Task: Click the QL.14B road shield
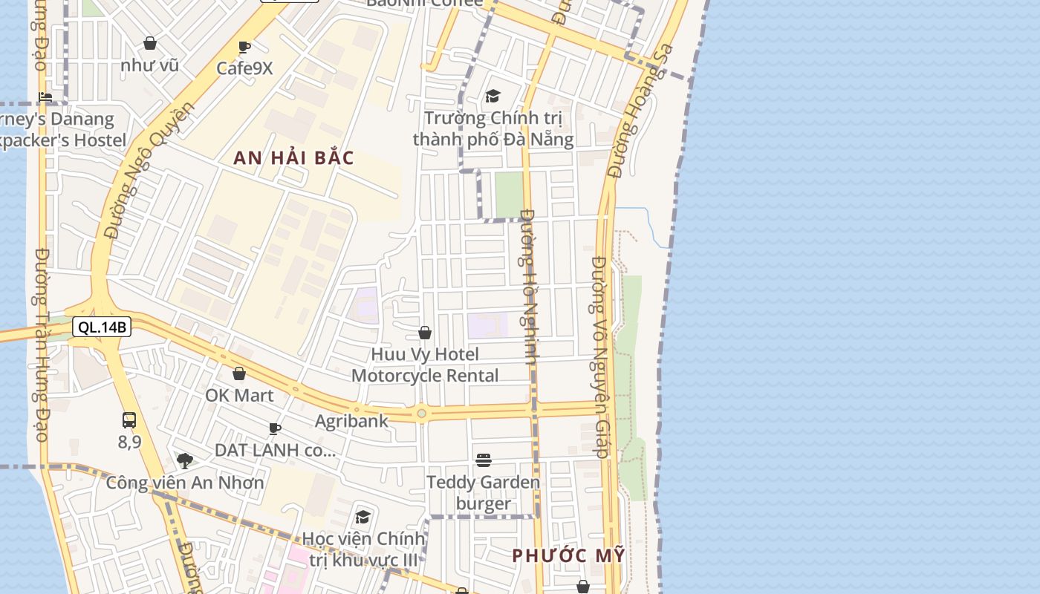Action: (102, 327)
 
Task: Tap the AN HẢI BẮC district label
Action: (294, 157)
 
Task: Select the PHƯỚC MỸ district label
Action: (568, 555)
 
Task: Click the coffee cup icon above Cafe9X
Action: (244, 48)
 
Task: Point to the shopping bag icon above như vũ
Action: (150, 44)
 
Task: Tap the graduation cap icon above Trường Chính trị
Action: (493, 96)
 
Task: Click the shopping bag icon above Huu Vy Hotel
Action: (425, 333)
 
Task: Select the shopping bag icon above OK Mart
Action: (239, 373)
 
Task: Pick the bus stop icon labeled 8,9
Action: (129, 420)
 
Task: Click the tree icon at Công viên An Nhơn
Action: (185, 461)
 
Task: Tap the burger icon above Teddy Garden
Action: (484, 460)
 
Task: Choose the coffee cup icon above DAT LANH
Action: (275, 428)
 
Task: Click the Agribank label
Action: (351, 421)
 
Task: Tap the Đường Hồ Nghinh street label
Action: (530, 286)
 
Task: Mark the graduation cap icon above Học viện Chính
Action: (363, 517)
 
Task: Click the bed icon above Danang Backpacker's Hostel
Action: (46, 97)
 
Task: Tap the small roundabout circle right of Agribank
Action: (422, 414)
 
